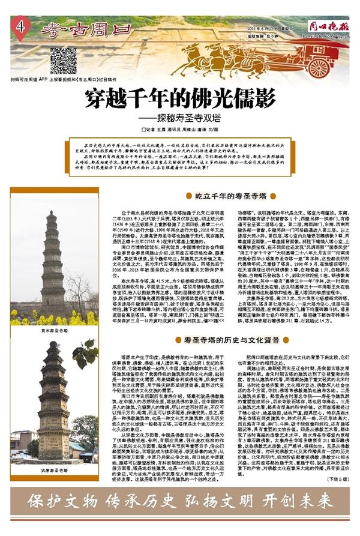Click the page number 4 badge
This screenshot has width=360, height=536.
pyautogui.click(x=21, y=27)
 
